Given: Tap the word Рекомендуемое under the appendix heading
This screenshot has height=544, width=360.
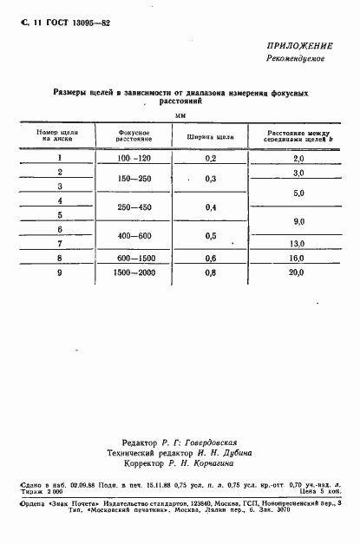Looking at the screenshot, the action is click(294, 59).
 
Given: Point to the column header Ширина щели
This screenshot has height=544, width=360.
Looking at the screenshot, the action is click(210, 135).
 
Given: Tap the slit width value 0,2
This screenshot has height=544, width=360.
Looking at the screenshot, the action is click(210, 159).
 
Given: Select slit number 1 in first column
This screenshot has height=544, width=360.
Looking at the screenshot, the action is click(59, 158).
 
